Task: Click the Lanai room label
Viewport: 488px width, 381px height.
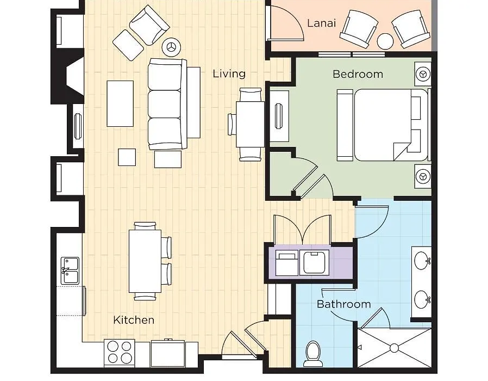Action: pos(322,23)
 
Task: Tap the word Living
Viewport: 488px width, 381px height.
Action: pos(229,74)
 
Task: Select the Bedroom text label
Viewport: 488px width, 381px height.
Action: pos(358,74)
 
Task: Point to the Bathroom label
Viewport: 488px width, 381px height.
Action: pos(343,304)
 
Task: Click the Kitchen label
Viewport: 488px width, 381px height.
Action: pos(134,320)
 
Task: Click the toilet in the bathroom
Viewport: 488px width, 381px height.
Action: pos(313,354)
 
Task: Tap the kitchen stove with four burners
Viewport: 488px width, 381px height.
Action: pos(120,353)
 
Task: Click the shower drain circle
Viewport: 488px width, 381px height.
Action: pos(395,348)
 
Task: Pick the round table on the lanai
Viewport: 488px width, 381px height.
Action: pos(385,41)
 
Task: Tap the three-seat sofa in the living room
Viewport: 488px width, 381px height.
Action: pos(167,104)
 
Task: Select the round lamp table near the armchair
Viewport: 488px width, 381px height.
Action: pos(172,47)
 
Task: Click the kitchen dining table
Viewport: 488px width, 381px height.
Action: pos(145,261)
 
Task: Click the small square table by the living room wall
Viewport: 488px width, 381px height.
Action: pos(127,157)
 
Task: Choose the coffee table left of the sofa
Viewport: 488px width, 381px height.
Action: pos(120,103)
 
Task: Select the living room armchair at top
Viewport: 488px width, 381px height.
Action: pos(149,26)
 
